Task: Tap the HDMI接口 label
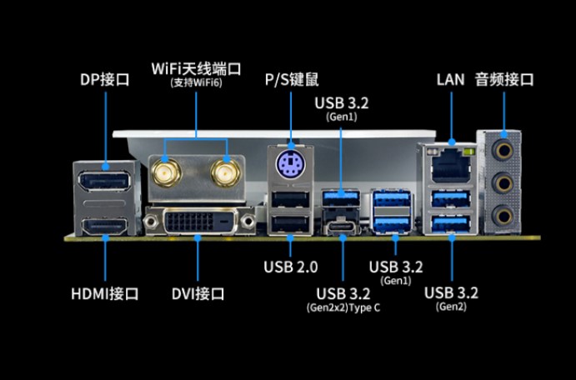[104, 293]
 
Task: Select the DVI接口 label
[198, 293]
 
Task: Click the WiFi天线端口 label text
[197, 67]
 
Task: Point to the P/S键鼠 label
[291, 80]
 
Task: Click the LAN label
[450, 80]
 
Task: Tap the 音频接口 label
[504, 80]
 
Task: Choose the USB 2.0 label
[290, 267]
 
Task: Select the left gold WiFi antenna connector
[167, 174]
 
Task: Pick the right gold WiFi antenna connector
[223, 174]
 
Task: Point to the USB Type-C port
[343, 226]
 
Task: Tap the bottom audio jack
[504, 215]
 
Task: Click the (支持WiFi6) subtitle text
[197, 82]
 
